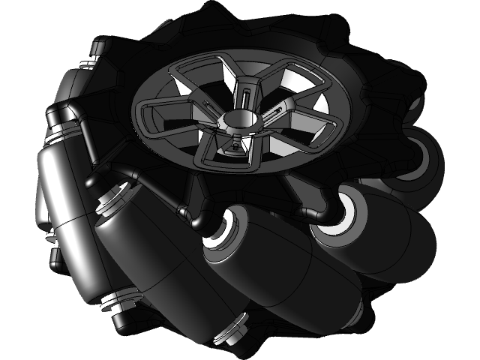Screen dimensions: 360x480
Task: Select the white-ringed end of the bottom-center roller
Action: tap(223, 234)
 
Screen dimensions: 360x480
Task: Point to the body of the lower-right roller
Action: tap(382, 240)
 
